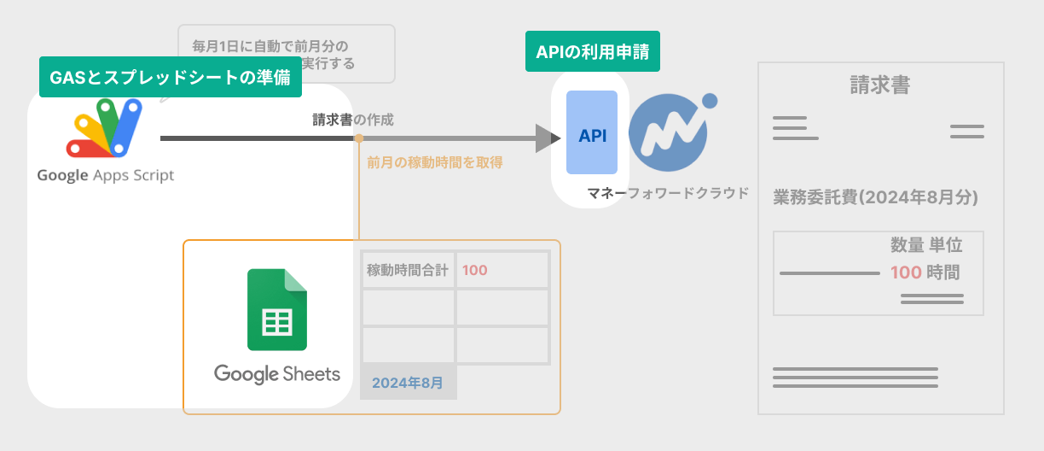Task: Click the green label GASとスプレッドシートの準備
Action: [171, 78]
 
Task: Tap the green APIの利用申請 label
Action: [593, 52]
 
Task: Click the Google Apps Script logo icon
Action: [104, 129]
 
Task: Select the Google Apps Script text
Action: [105, 175]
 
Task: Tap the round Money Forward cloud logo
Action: [670, 132]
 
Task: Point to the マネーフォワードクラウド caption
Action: [668, 193]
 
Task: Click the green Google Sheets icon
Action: [276, 310]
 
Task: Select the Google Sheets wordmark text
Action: [276, 374]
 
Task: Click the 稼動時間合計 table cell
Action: [408, 270]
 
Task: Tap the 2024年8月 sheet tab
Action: [408, 383]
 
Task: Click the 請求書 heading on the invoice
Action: [879, 85]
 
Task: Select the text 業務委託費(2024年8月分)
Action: [875, 197]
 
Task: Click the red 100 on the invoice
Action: [905, 272]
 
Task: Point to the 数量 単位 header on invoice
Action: [926, 246]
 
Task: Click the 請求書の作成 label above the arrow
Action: [353, 120]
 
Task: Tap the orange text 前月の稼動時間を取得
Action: [434, 161]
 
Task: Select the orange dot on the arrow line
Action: [359, 138]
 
